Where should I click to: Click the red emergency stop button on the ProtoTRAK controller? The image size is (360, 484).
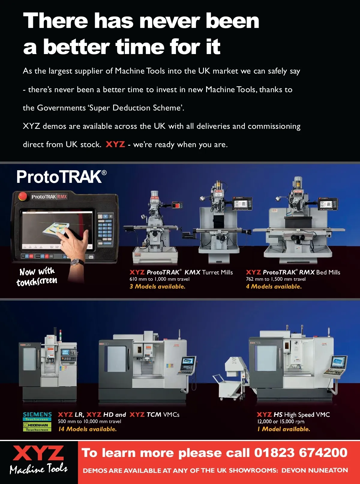tap(22, 196)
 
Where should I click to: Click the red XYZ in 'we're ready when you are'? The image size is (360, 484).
tap(115, 144)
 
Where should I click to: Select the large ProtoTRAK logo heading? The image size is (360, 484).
tap(61, 177)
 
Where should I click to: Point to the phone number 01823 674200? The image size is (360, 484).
tap(301, 452)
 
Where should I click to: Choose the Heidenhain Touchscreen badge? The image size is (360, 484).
tap(37, 427)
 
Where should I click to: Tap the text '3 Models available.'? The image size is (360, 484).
tap(157, 286)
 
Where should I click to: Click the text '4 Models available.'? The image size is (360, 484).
tap(274, 286)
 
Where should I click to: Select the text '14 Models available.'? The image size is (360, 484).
tap(87, 429)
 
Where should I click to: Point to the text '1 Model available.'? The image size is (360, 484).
tap(284, 429)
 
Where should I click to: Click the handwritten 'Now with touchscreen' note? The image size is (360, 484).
tap(37, 277)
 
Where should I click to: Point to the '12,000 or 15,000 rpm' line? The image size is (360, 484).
tap(280, 421)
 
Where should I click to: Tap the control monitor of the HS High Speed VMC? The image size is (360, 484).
tap(339, 362)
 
